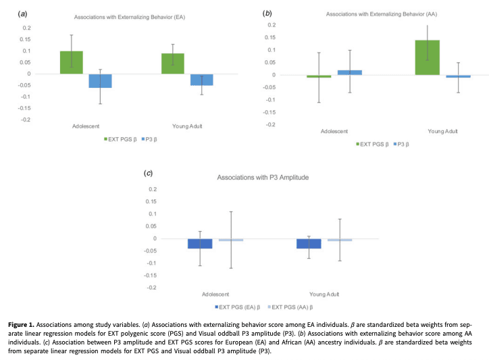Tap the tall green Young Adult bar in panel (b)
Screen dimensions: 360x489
point(427,57)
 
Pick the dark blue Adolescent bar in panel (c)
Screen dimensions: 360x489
point(200,243)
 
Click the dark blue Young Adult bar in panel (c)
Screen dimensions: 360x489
point(309,243)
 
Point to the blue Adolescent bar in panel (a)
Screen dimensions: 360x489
point(100,81)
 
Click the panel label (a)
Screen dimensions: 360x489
point(23,14)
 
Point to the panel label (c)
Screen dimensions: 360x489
point(149,174)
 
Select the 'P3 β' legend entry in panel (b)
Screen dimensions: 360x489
point(403,144)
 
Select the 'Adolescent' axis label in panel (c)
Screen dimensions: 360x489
point(215,294)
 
